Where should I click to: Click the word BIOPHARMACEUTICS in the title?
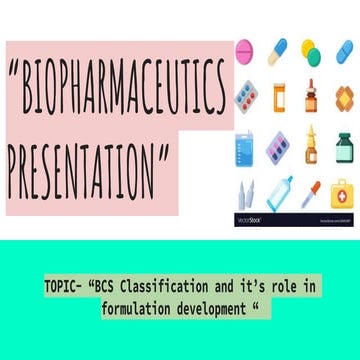click(x=118, y=89)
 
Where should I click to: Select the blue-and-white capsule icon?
click(x=278, y=48)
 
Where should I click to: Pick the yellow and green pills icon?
click(x=312, y=52)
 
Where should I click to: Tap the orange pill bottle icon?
click(x=279, y=98)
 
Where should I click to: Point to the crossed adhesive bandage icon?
click(x=344, y=98)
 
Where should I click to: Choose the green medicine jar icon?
click(x=344, y=147)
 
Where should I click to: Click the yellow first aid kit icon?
click(x=343, y=192)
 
